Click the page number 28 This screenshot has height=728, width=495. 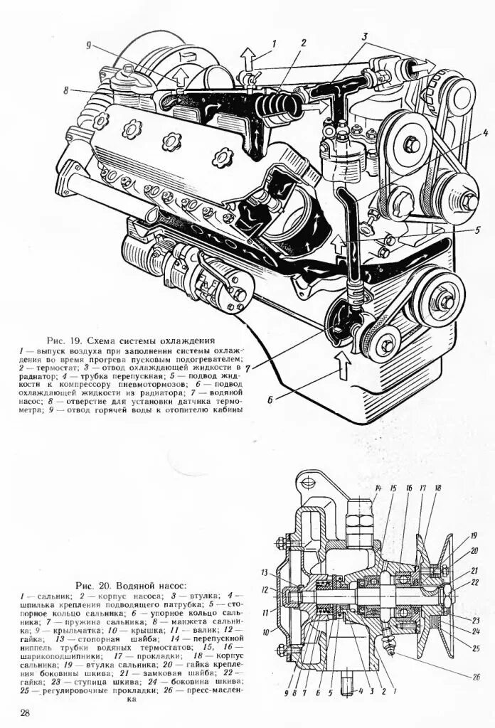[x=25, y=713]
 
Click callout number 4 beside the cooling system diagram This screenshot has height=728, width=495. [x=465, y=132]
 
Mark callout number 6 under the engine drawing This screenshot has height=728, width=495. [x=270, y=400]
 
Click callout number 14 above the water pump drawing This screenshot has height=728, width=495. [x=378, y=488]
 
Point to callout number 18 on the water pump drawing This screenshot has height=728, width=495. [x=438, y=488]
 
